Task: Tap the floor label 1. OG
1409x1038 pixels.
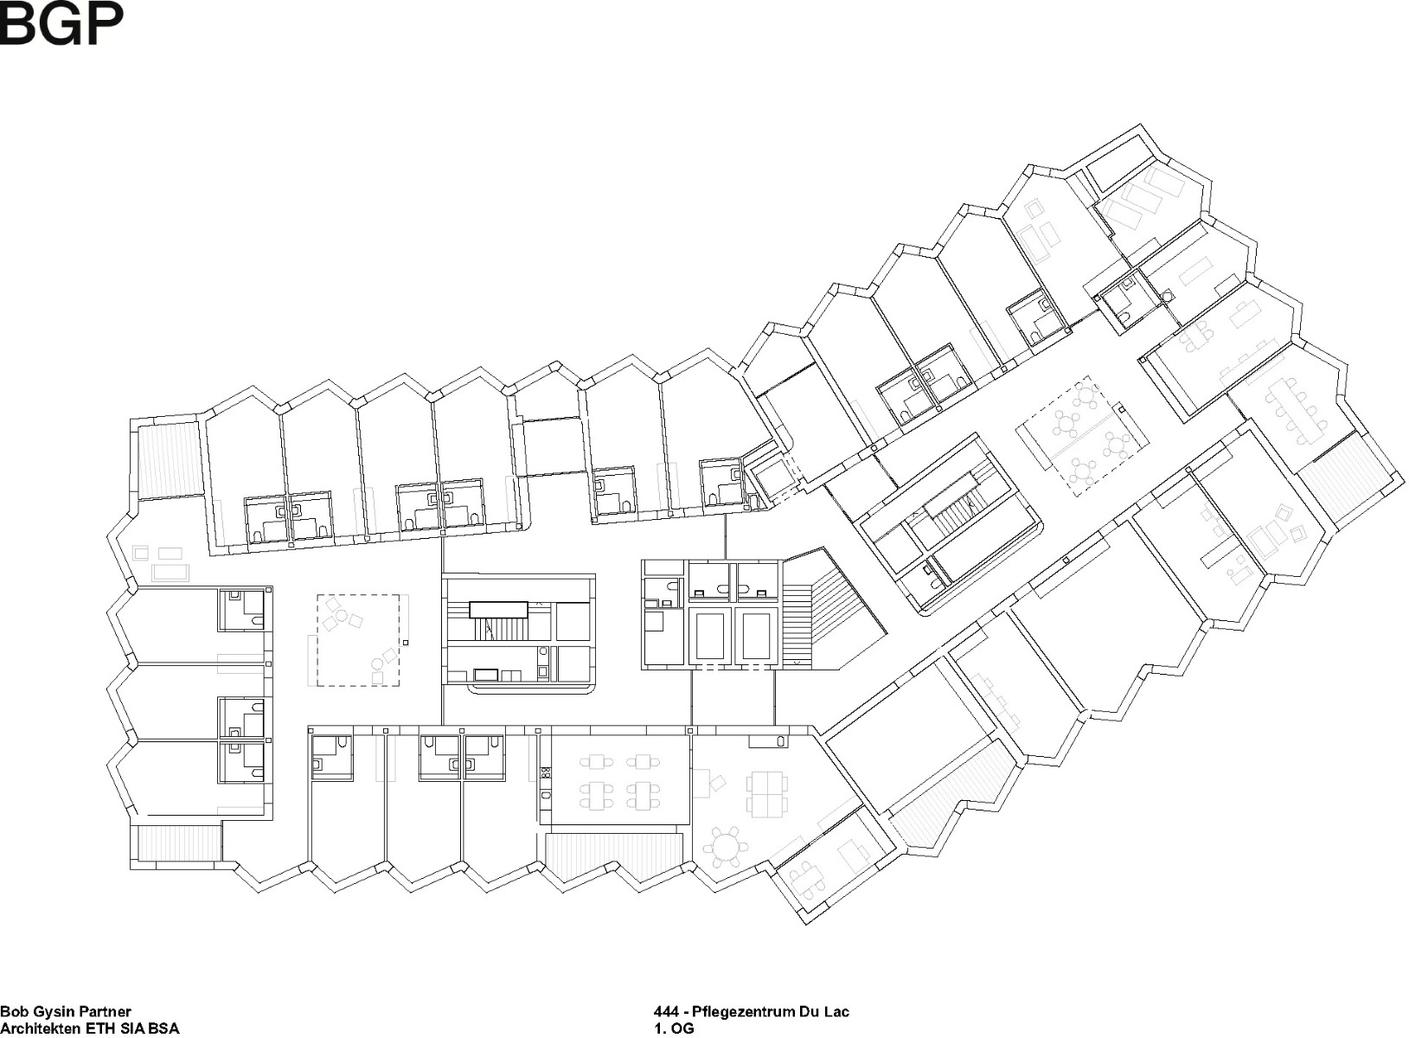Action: (x=674, y=1028)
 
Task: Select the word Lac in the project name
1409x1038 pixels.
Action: (x=836, y=1011)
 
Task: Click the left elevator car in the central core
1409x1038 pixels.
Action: (x=709, y=637)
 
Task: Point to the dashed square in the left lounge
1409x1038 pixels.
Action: (x=358, y=640)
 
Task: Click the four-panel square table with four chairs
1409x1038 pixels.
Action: (x=766, y=795)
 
